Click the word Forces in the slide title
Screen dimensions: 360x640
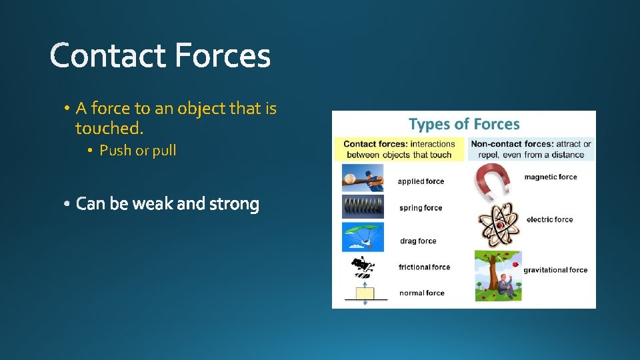[x=223, y=56]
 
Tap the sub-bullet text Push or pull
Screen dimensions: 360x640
[x=137, y=151]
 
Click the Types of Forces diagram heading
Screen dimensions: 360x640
[x=464, y=124]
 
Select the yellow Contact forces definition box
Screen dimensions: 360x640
[x=399, y=149]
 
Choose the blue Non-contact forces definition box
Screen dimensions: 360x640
[x=531, y=149]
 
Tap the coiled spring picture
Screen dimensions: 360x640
[x=363, y=207]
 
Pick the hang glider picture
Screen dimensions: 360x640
[x=363, y=236]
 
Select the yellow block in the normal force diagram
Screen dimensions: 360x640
[x=365, y=293]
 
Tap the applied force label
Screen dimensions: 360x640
[x=421, y=181]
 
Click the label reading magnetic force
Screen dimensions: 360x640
[x=550, y=177]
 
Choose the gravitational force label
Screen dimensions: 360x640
[x=555, y=270]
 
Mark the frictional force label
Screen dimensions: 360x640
[x=424, y=267]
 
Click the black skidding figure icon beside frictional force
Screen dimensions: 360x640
[x=362, y=267]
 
